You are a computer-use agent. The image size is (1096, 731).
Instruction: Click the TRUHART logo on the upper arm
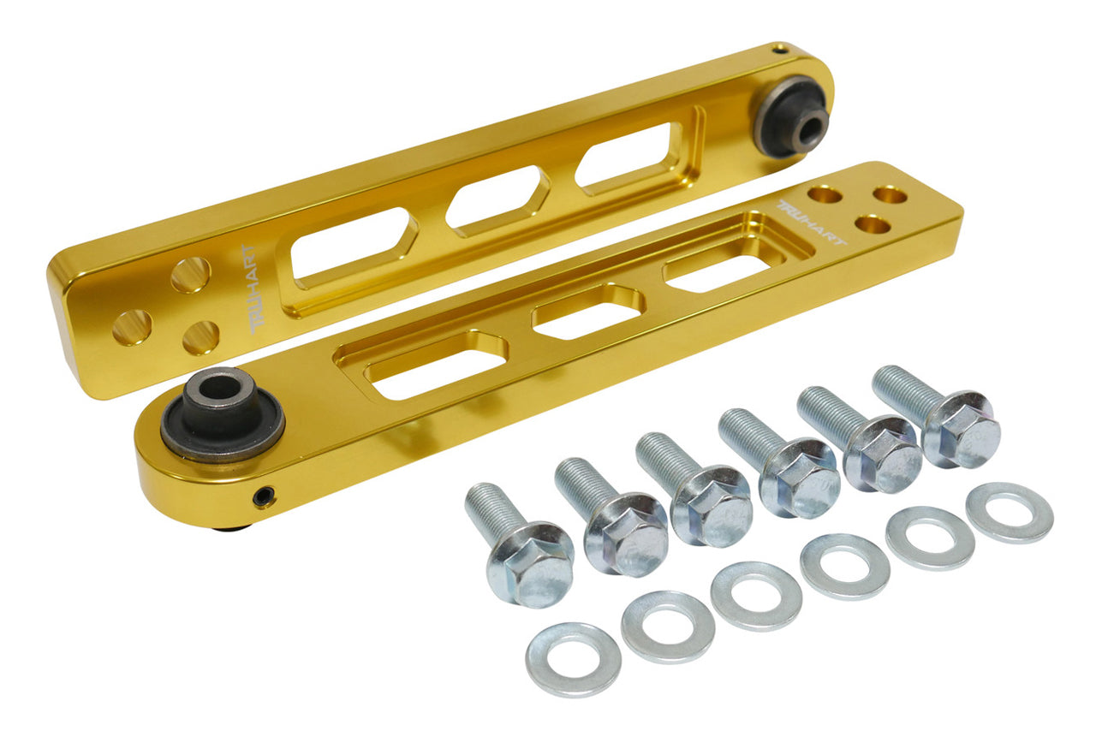[254, 289]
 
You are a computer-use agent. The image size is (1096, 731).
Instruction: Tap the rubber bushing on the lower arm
[222, 413]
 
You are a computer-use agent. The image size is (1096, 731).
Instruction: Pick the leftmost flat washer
[573, 658]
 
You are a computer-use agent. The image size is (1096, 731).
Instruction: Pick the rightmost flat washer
[1010, 513]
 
